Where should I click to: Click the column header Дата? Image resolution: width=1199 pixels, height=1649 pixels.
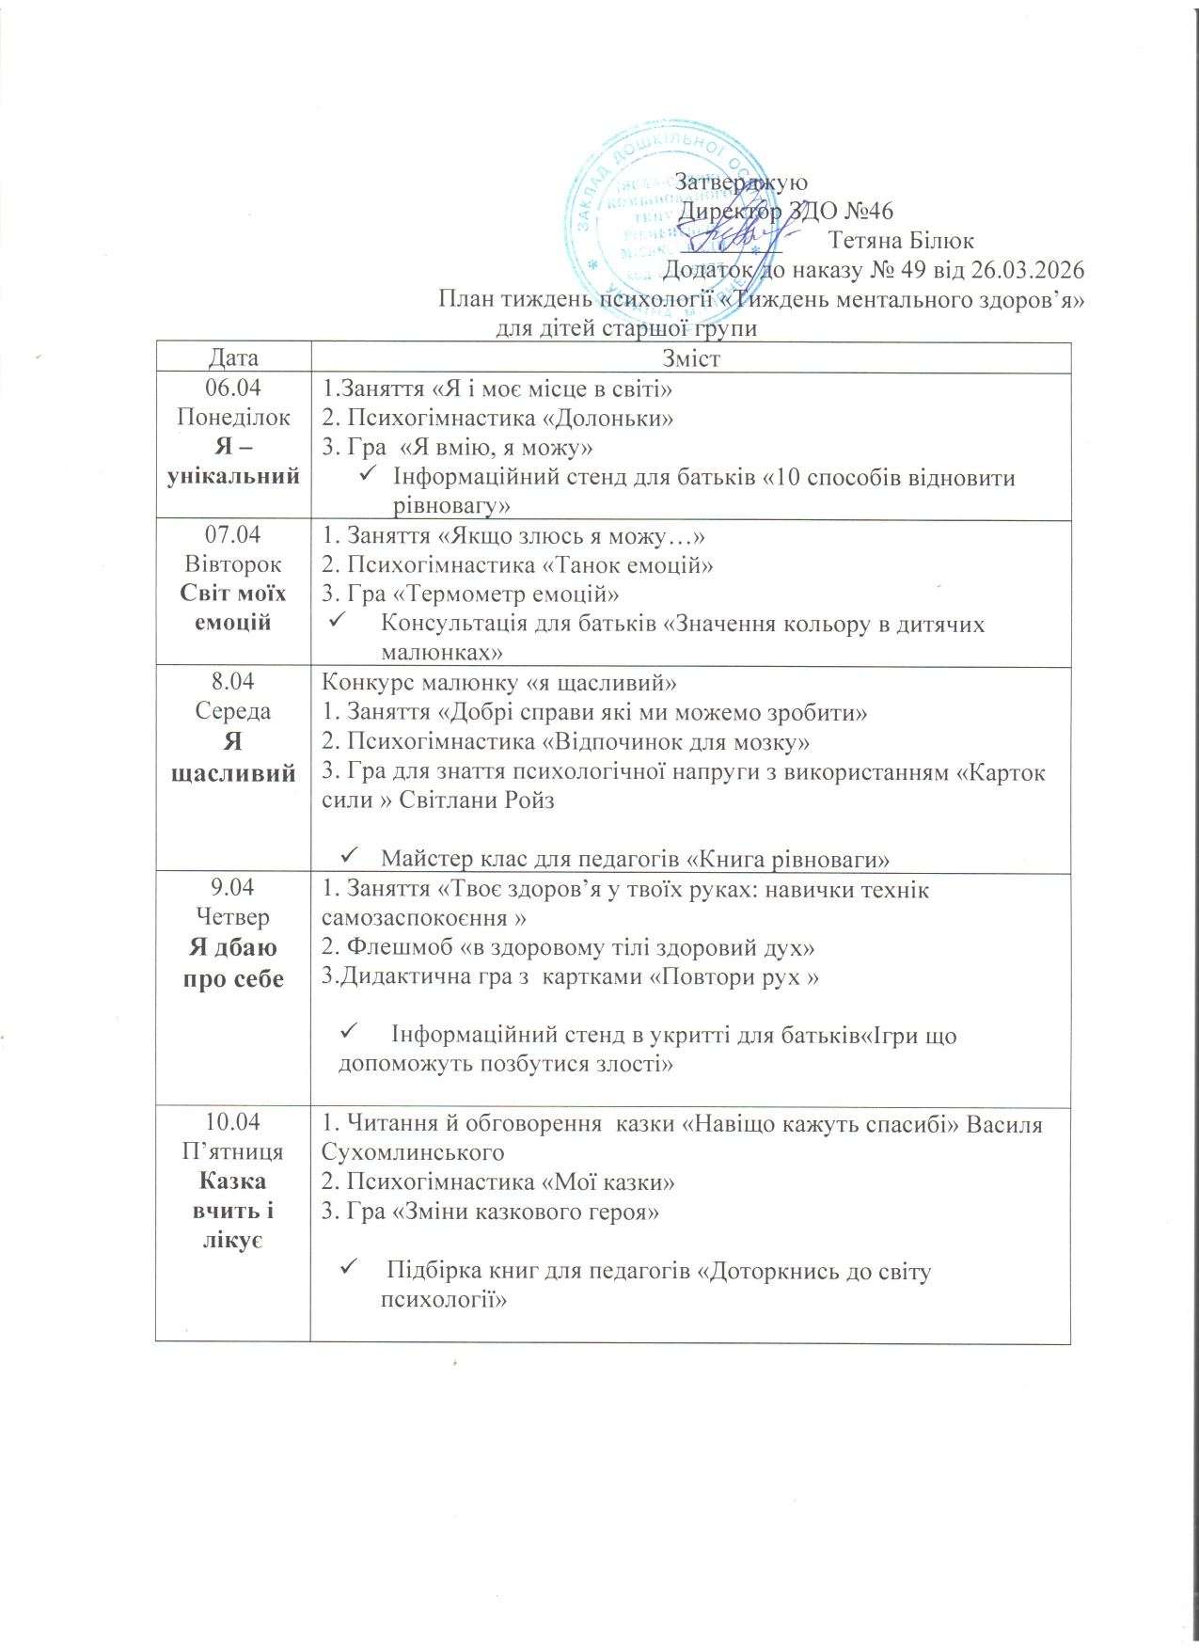(x=233, y=358)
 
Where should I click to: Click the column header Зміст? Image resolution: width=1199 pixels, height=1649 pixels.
(x=691, y=358)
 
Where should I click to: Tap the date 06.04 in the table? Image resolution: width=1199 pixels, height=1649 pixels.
(x=233, y=388)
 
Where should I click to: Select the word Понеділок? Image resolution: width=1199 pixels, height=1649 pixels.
(x=233, y=417)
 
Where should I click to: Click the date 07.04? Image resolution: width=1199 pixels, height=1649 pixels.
(x=233, y=535)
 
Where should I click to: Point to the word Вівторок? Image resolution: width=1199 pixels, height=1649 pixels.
(x=233, y=564)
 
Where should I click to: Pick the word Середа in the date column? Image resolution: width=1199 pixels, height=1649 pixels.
(x=233, y=711)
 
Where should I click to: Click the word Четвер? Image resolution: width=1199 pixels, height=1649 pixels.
(x=233, y=916)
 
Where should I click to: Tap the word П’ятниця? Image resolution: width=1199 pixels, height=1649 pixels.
(x=233, y=1151)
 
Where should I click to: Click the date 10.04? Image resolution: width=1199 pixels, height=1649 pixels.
(x=233, y=1122)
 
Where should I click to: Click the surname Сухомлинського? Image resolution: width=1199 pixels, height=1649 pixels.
(x=413, y=1152)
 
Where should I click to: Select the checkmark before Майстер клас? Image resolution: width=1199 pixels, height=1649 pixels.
(x=347, y=856)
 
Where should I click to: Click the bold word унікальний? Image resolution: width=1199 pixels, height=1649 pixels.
(x=233, y=476)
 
